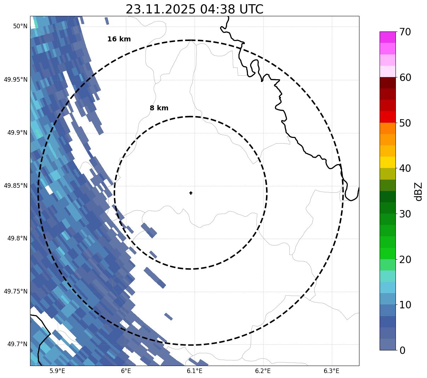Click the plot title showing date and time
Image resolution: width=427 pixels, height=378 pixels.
(x=194, y=9)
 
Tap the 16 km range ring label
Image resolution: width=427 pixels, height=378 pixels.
(x=119, y=39)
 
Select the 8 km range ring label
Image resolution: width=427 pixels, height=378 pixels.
(x=159, y=108)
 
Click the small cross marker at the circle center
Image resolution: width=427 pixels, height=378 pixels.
(x=191, y=193)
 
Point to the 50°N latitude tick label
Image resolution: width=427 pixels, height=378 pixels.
(x=20, y=26)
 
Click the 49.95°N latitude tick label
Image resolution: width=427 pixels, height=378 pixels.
(x=16, y=80)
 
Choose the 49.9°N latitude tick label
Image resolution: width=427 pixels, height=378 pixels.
(x=17, y=133)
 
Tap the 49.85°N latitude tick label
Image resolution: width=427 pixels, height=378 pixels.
(x=16, y=186)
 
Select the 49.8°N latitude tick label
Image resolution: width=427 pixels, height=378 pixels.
(x=17, y=239)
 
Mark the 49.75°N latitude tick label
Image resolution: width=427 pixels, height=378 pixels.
(x=16, y=291)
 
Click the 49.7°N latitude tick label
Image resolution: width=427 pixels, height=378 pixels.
(x=17, y=344)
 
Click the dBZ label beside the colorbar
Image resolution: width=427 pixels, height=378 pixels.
(x=419, y=192)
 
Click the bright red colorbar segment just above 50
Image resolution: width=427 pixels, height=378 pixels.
(x=388, y=117)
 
